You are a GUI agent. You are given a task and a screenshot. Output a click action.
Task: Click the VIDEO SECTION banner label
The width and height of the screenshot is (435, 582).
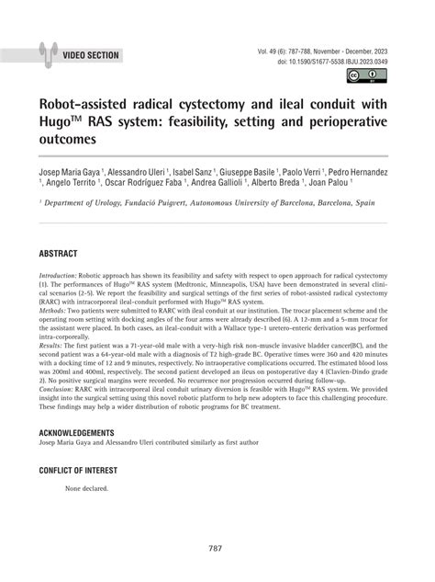91,55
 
